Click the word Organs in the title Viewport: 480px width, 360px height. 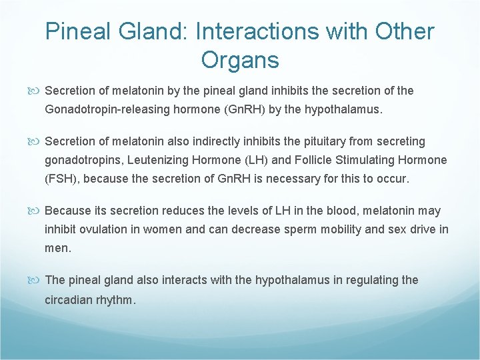(239, 60)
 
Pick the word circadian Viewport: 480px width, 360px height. (67, 299)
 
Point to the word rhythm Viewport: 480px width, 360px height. (115, 299)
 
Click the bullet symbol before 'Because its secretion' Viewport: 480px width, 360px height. (37, 211)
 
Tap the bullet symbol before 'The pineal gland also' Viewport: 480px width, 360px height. (37, 280)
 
